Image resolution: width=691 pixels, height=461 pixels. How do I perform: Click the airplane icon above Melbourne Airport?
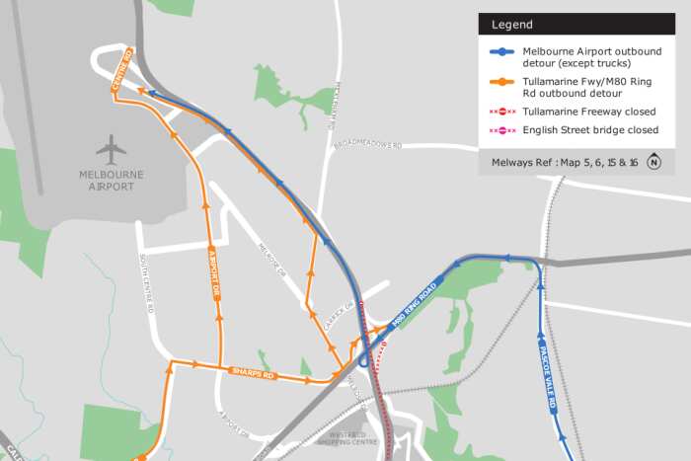pos(112,150)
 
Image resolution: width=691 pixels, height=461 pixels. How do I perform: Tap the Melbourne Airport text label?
pos(112,180)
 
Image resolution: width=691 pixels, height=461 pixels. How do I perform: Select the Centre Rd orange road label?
pos(122,72)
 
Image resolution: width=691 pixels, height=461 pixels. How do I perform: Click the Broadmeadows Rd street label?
pos(367,145)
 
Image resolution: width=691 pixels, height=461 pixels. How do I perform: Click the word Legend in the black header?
pos(512,25)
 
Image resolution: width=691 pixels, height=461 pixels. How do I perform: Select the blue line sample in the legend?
pos(502,51)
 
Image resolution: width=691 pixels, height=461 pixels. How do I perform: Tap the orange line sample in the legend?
pos(502,83)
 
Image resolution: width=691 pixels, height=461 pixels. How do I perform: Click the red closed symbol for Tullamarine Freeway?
pos(502,112)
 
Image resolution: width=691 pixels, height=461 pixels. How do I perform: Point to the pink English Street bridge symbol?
pos(502,130)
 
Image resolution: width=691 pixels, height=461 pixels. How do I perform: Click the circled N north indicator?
pos(653,162)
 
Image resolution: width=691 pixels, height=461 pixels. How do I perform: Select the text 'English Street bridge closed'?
pos(590,130)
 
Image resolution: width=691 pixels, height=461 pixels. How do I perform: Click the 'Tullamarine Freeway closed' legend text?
pos(588,112)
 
